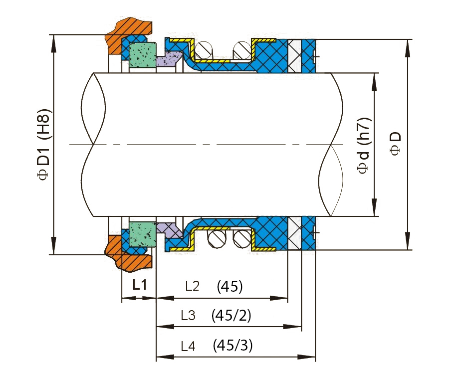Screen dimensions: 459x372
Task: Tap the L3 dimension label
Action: coord(188,316)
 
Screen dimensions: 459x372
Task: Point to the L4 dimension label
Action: coord(188,346)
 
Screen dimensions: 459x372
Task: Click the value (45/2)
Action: coord(231,316)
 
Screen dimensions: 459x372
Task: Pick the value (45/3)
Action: coord(232,346)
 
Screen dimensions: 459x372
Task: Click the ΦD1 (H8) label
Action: coord(44,145)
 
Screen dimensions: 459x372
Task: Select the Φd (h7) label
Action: coord(364,146)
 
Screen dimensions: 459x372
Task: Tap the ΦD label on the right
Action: coord(395,143)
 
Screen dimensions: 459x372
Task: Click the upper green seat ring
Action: coord(142,55)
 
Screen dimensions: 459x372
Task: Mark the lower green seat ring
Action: coord(142,234)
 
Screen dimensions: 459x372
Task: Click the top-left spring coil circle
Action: coord(204,50)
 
